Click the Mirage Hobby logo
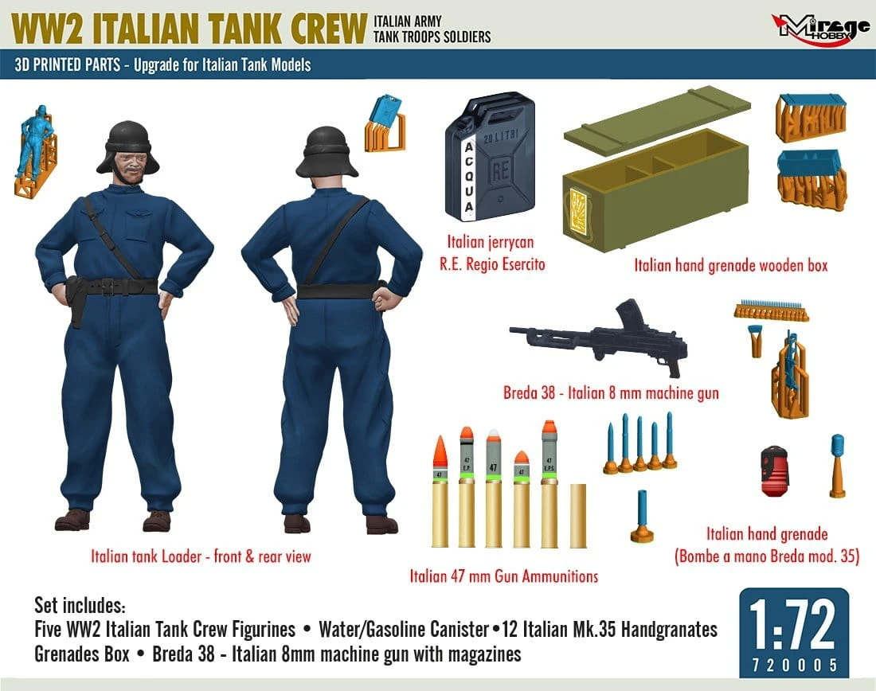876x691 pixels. (x=820, y=28)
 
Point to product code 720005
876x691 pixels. (x=795, y=665)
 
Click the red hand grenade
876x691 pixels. (x=775, y=470)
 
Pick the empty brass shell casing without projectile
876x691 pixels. (x=578, y=516)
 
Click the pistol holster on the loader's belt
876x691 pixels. (x=75, y=300)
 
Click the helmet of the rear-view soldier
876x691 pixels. (x=327, y=153)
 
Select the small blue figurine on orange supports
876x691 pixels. (x=35, y=150)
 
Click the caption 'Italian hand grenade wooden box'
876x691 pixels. (x=731, y=265)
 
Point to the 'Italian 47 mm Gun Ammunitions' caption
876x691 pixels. (x=504, y=576)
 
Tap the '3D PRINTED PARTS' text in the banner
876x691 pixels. (x=68, y=64)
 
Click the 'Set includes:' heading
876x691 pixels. (x=80, y=605)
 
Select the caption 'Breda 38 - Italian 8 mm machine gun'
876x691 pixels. (x=611, y=393)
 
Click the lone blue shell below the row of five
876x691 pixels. (x=642, y=516)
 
